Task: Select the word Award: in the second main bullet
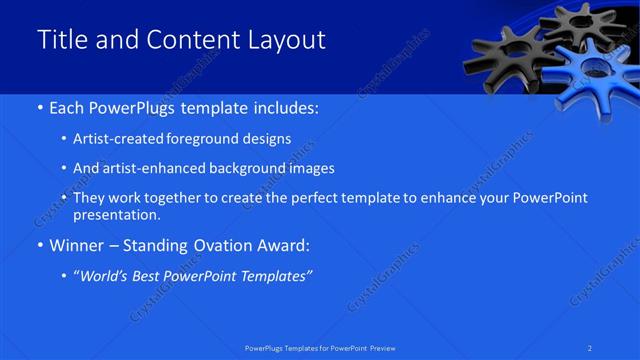point(285,245)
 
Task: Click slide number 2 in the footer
point(591,347)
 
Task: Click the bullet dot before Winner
point(39,245)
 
